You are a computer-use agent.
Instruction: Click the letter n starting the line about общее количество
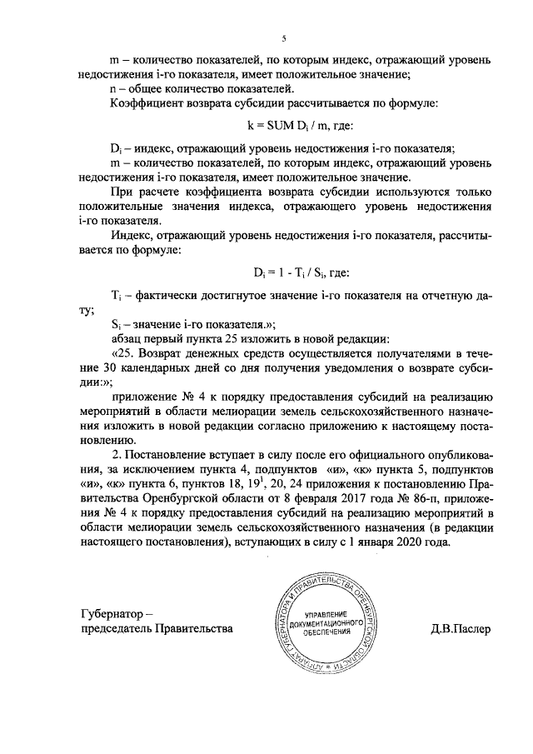pos(114,89)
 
